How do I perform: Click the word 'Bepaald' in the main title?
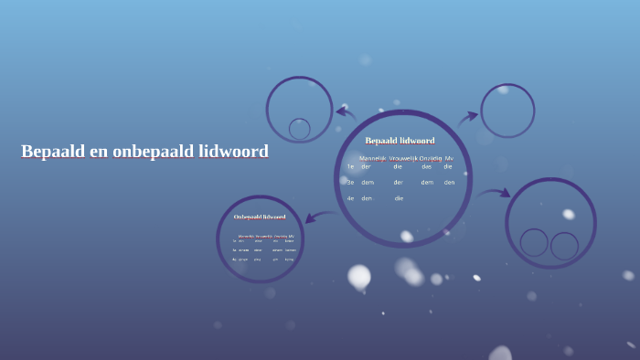[52, 152]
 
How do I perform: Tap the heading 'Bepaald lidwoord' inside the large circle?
[400, 141]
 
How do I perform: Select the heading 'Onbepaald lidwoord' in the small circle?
[260, 217]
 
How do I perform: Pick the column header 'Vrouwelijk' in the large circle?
[402, 158]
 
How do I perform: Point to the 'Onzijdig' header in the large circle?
[430, 158]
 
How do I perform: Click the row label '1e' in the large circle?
[350, 166]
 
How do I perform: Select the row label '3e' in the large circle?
[350, 182]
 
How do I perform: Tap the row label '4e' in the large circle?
[350, 197]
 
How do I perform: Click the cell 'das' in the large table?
[426, 166]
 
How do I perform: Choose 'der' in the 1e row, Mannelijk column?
[366, 166]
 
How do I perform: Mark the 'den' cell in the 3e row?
[449, 182]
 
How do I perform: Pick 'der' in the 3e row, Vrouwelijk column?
[399, 182]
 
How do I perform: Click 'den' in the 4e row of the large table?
[367, 197]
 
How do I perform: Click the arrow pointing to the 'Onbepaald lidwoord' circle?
[319, 217]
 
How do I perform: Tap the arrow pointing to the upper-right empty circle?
[467, 117]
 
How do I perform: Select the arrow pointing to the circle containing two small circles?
[494, 193]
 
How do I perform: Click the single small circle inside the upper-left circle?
[299, 129]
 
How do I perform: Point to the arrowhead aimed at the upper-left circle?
[339, 112]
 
